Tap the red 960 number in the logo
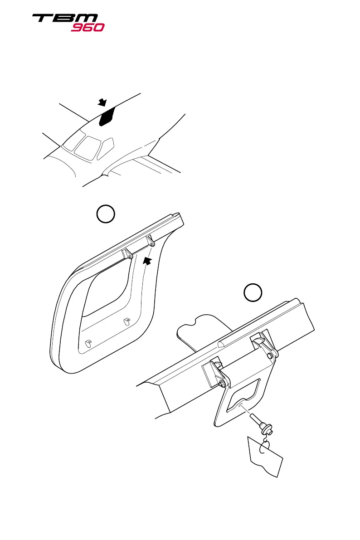(x=88, y=27)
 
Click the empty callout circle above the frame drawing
(x=105, y=214)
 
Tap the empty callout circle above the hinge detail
(x=253, y=293)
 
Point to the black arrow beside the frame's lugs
(x=147, y=260)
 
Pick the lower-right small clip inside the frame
(x=126, y=321)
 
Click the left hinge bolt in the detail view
(x=222, y=383)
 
